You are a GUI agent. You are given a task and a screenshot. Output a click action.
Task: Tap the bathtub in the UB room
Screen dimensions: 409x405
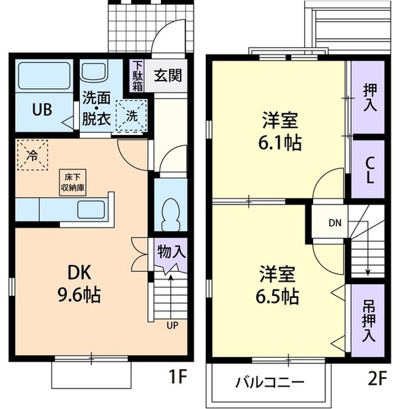click(x=44, y=76)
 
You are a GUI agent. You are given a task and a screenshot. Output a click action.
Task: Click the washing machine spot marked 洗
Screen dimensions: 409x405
click(x=131, y=115)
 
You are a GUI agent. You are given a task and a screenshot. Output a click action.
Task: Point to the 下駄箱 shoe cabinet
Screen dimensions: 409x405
click(x=136, y=76)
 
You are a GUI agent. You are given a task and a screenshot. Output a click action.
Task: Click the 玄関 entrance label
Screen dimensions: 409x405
click(x=166, y=76)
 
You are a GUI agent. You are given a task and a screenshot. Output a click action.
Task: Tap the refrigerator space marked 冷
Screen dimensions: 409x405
click(x=32, y=155)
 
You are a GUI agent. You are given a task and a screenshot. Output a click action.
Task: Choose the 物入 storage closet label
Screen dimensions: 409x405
click(x=170, y=251)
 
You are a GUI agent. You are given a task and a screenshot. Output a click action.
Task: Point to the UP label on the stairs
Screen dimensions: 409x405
click(x=172, y=324)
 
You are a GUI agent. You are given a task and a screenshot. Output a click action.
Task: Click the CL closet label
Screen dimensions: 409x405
click(x=368, y=170)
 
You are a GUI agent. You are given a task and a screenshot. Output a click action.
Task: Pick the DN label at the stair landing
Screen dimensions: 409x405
click(x=335, y=222)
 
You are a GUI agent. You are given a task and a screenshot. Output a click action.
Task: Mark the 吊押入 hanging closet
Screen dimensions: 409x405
click(x=368, y=320)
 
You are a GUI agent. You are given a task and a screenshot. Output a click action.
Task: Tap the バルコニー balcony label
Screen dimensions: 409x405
click(x=271, y=382)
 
